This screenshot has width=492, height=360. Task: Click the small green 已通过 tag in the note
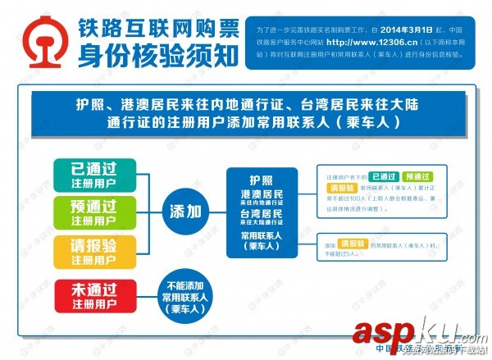coord(385,176)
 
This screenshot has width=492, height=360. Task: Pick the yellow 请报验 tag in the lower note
coord(352,244)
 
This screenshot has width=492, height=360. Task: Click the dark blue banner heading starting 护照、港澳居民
coord(246,114)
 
